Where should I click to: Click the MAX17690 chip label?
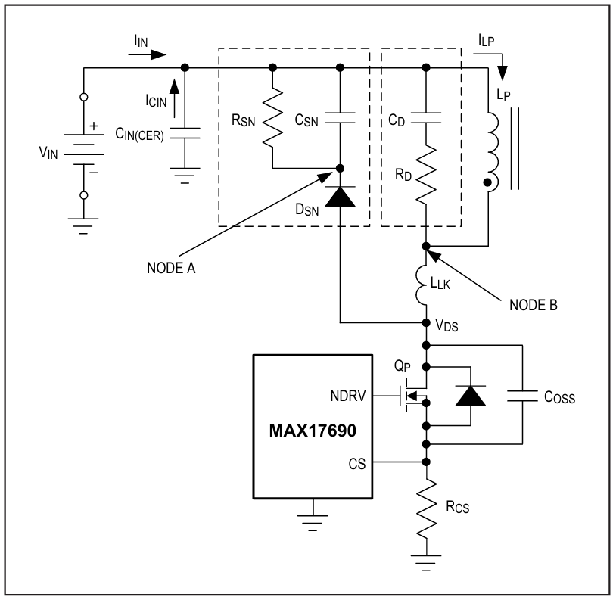click(313, 431)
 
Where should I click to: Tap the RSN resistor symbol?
click(272, 118)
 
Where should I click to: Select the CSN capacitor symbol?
click(341, 118)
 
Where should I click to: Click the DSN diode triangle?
click(341, 197)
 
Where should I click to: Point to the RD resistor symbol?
click(426, 175)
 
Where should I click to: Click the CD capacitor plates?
click(426, 118)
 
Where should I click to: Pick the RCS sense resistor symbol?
click(426, 509)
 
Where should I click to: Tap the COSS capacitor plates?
click(522, 396)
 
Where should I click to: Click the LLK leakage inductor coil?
click(422, 285)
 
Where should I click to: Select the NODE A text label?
click(171, 269)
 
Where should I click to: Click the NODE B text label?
click(533, 305)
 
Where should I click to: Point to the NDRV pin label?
click(348, 396)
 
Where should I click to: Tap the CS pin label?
click(356, 464)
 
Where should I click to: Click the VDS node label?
click(446, 325)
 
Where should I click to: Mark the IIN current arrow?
click(148, 55)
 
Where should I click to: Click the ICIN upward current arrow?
click(174, 98)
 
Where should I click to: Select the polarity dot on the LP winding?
click(487, 182)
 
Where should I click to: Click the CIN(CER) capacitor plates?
click(185, 133)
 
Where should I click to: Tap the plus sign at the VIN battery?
click(94, 126)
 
